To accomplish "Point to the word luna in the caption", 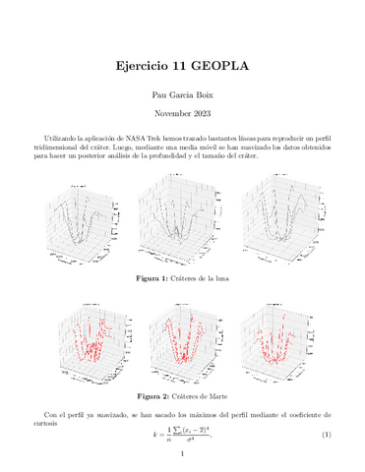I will [217, 281].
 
